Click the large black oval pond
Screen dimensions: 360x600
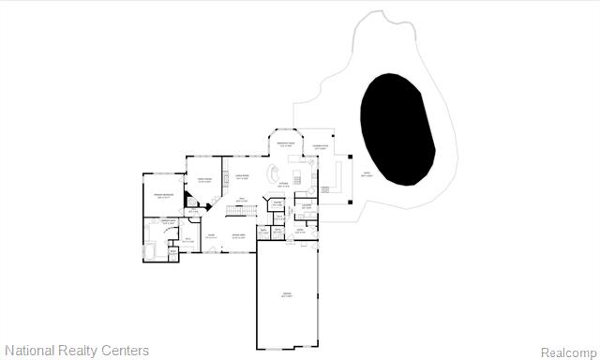tap(397, 127)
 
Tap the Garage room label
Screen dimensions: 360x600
tap(287, 295)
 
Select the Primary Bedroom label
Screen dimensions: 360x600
tap(163, 196)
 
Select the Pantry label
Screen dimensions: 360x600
tap(277, 202)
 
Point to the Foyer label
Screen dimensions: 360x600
tap(212, 235)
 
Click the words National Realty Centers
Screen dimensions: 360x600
tap(76, 351)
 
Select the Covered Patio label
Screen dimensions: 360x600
tap(320, 147)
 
